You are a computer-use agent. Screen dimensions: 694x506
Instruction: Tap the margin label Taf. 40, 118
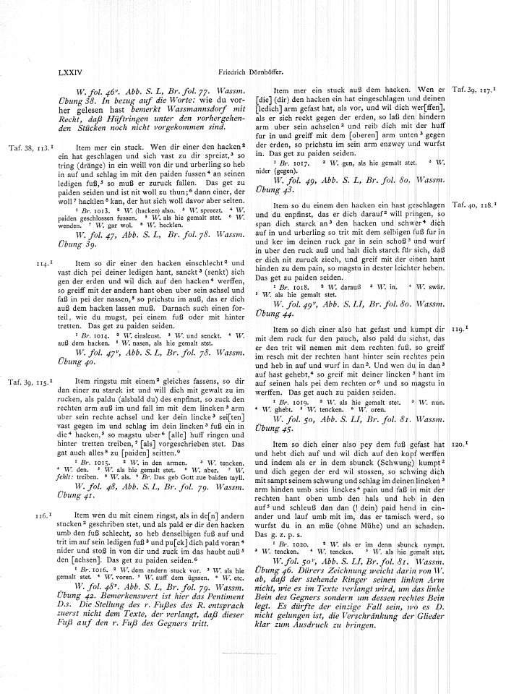[x=473, y=206]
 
